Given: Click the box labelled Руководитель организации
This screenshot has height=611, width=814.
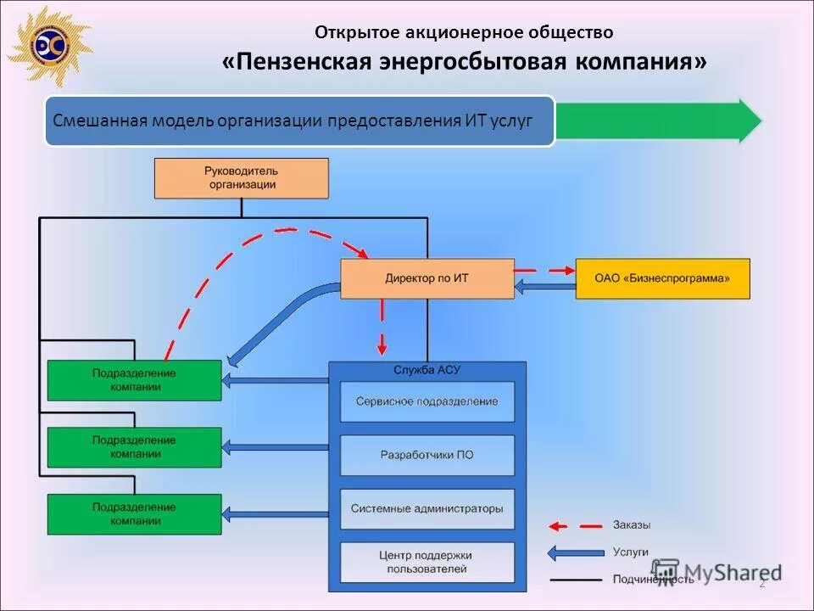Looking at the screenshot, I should click(241, 178).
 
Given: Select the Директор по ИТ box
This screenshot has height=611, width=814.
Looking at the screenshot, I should click(427, 278).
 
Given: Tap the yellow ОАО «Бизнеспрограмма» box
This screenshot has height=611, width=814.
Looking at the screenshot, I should click(662, 278).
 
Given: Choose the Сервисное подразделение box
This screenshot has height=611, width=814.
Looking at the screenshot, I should click(427, 401).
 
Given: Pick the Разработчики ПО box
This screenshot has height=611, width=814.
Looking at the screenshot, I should click(427, 455).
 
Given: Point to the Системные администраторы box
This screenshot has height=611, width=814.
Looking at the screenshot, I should click(427, 509).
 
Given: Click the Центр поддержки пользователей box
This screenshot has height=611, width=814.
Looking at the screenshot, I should click(427, 562).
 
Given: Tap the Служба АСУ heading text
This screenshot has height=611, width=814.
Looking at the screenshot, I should click(427, 371).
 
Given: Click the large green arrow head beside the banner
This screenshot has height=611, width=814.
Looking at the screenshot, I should click(749, 121).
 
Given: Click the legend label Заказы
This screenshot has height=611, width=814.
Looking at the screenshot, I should click(632, 525).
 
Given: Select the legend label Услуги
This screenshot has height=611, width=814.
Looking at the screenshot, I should click(630, 552).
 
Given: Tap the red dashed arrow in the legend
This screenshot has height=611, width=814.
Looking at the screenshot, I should click(572, 526).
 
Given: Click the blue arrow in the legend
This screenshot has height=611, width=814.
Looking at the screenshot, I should click(572, 552).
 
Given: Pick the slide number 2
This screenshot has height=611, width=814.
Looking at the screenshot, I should click(761, 582).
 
